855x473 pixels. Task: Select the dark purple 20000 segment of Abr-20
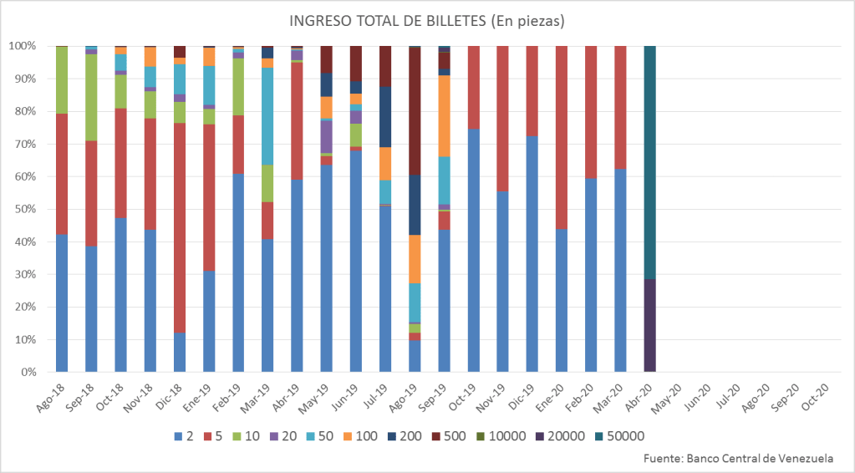pos(649,325)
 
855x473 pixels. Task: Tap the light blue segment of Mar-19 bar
pos(267,116)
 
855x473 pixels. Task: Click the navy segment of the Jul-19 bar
pos(385,116)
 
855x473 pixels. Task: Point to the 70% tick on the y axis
pos(32,144)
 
